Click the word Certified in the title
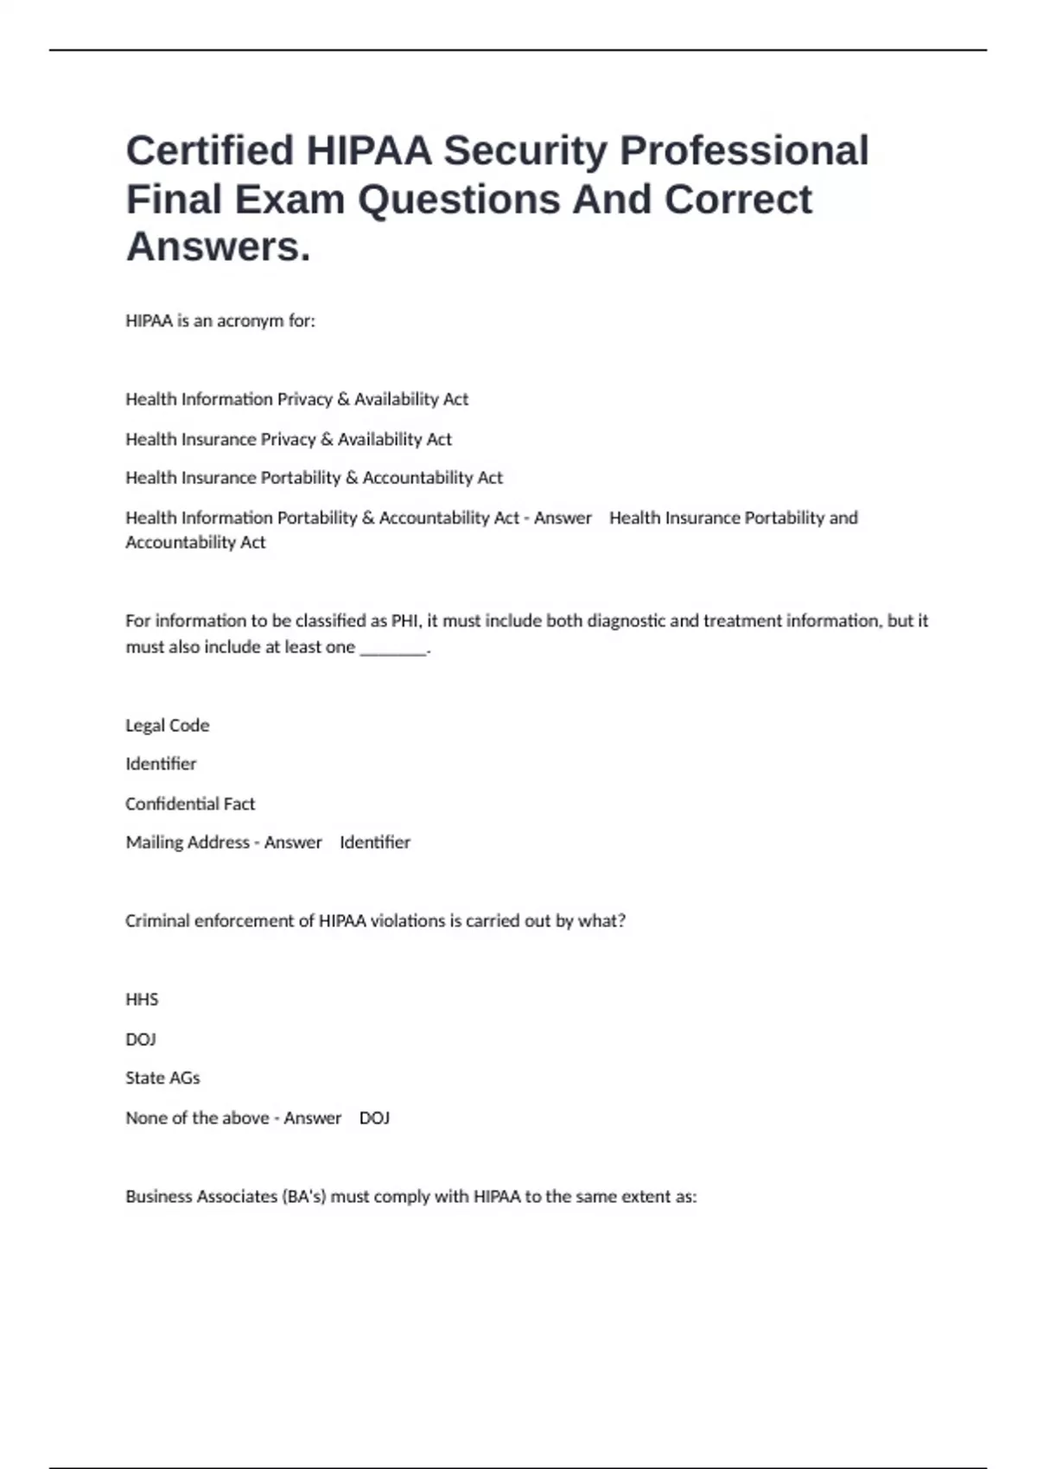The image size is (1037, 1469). tap(210, 150)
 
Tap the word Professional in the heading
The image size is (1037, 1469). tap(744, 150)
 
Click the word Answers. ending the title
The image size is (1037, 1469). tap(218, 246)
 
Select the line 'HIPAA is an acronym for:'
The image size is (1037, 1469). tap(220, 321)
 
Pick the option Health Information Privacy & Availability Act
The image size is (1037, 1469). tap(296, 399)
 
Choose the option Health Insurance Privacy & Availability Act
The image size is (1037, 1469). tap(289, 439)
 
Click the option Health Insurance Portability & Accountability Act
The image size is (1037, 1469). tap(314, 478)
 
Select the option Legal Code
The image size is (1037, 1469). tap(167, 725)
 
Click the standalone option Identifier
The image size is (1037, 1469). tap(161, 764)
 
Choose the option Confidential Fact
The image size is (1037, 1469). tap(190, 804)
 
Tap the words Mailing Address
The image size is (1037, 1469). tap(187, 843)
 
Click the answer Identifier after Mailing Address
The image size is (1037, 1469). tap(375, 843)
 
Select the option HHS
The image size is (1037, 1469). tap(142, 1000)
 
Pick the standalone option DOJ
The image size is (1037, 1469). tap(141, 1040)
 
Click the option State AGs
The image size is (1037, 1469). tap(162, 1078)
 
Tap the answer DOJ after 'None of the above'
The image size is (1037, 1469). tap(374, 1118)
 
